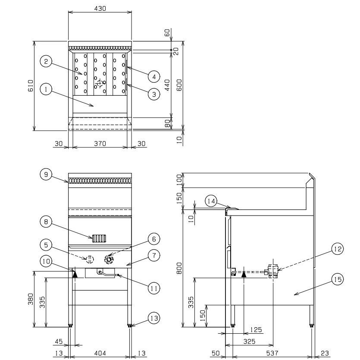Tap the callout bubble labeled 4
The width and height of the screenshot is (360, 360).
pos(153,76)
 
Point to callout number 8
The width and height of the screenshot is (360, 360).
pos(47,222)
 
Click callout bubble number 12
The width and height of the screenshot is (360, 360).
pos(338,249)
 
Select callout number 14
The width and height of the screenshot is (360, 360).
pos(211,201)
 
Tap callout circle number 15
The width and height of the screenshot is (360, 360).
pos(338,280)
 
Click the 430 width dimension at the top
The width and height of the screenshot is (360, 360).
pos(100,8)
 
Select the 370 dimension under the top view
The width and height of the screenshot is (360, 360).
pos(100,144)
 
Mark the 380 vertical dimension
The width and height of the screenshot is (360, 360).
pos(30,299)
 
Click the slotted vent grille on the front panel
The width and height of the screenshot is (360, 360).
pos(99,238)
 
